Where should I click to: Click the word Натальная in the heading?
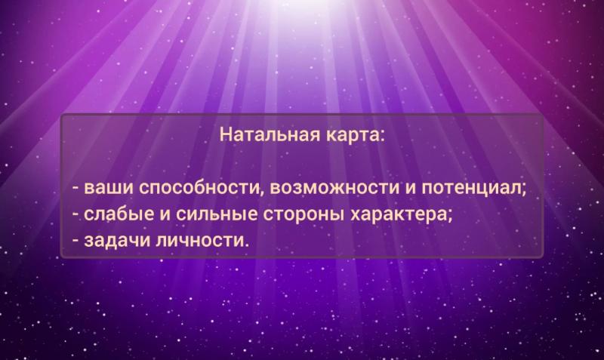pos(270,134)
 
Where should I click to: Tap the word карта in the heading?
pos(352,136)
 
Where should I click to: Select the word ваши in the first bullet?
pos(109,188)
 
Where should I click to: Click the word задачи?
pos(117,241)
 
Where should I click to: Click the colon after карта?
pos(381,137)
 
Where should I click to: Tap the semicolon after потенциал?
pos(523,190)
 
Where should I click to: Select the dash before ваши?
pos(76,189)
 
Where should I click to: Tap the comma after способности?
pos(263,193)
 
